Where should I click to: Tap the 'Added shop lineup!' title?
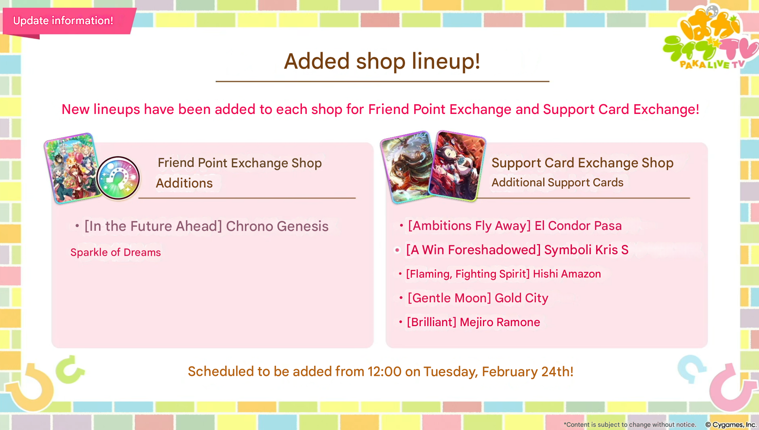(x=382, y=61)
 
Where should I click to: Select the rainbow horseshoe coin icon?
(x=118, y=178)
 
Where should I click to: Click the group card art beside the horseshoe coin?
(x=73, y=168)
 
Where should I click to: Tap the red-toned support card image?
(x=457, y=166)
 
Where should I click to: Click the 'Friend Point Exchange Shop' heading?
(x=240, y=163)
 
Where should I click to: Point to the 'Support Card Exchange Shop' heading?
(x=582, y=163)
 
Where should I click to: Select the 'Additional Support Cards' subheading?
(x=557, y=183)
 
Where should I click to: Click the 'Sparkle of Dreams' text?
(x=116, y=253)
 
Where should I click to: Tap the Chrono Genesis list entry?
(x=207, y=226)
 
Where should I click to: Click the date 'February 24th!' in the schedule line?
(x=527, y=371)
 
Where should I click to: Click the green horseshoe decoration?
(x=70, y=369)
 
